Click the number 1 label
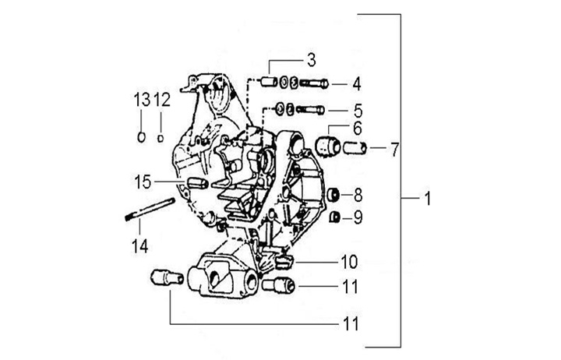428,200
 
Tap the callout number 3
310,59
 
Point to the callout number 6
357,128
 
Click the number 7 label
394,147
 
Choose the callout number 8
357,194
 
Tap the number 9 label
357,217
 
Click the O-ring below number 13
141,137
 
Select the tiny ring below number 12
161,138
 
